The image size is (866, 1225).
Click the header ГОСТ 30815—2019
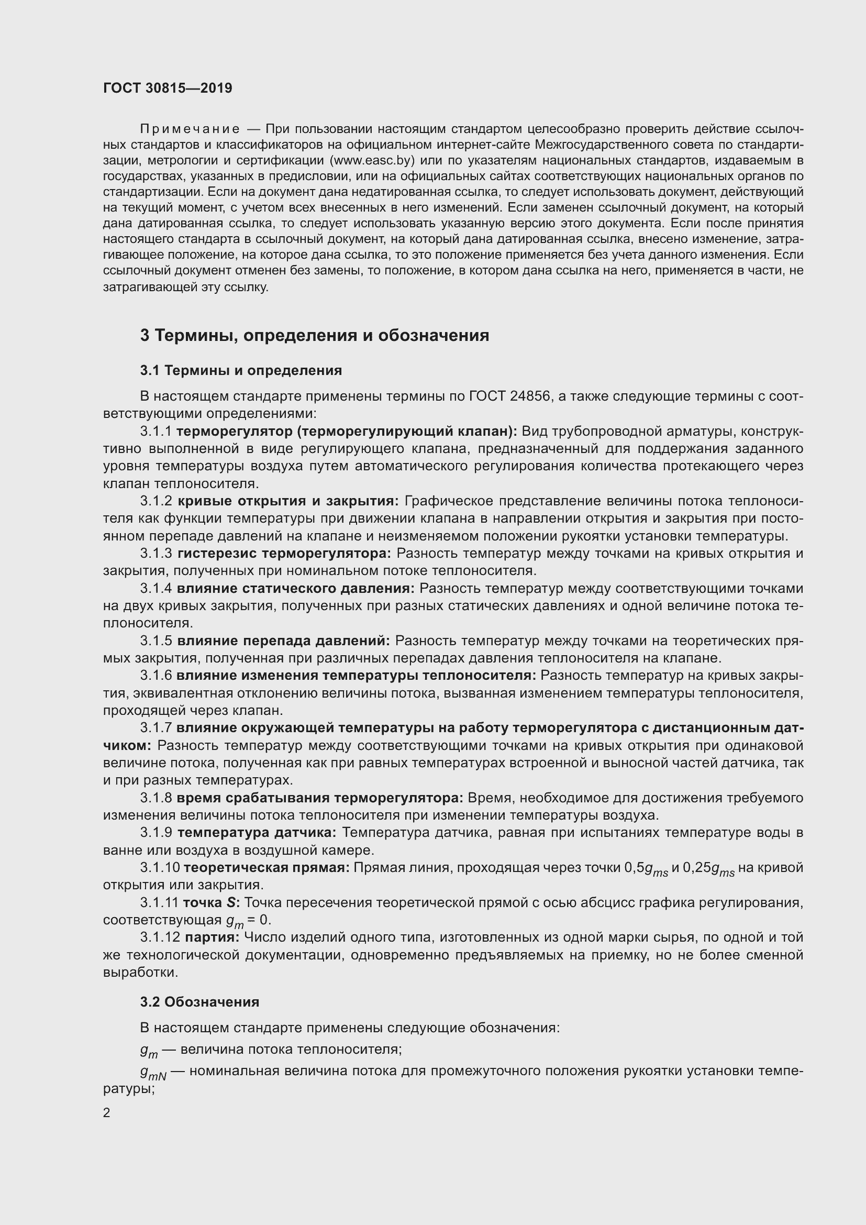point(168,88)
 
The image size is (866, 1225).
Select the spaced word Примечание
point(190,129)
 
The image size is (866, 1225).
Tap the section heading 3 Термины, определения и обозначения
point(315,336)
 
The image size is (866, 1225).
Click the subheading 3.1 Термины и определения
point(241,370)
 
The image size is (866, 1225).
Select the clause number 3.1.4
point(156,589)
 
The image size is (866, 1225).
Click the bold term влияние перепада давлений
point(283,641)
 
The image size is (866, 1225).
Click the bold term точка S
point(211,903)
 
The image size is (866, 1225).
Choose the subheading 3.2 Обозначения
point(200,1002)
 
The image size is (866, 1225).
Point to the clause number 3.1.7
point(156,729)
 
